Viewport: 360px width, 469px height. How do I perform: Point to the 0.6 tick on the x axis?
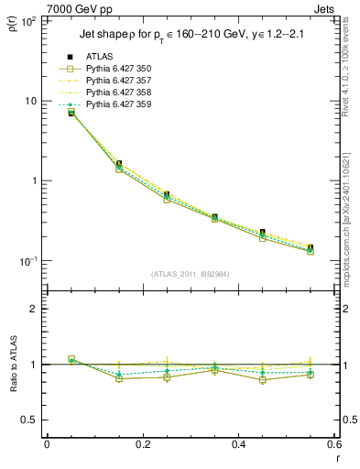tap(333, 445)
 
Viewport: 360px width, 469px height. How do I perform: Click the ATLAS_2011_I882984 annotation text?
tap(191, 274)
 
